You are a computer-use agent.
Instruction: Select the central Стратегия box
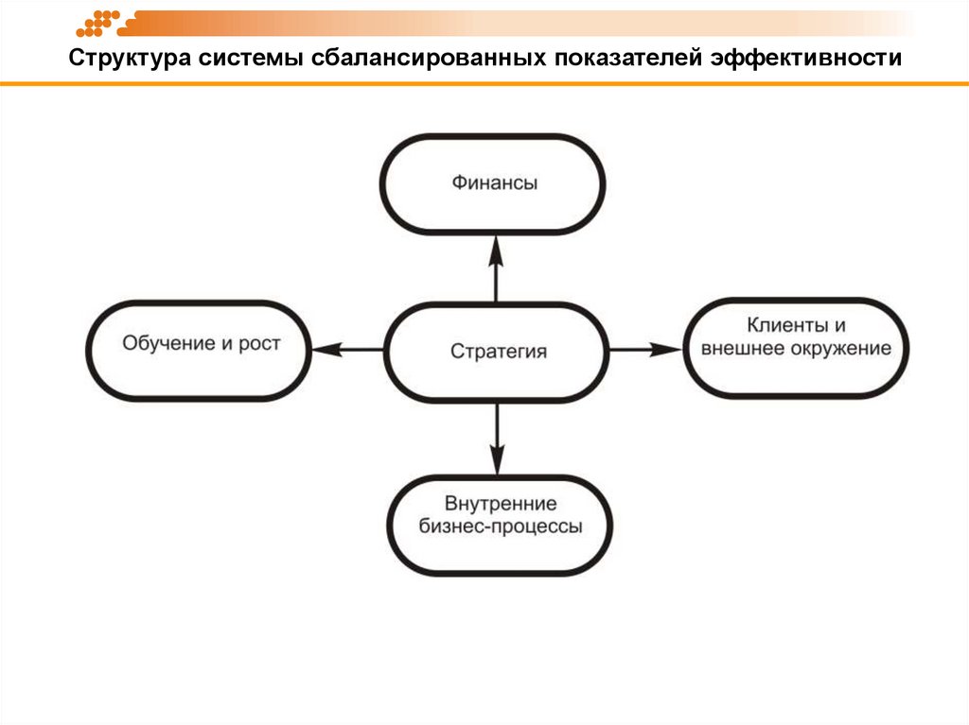point(498,352)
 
